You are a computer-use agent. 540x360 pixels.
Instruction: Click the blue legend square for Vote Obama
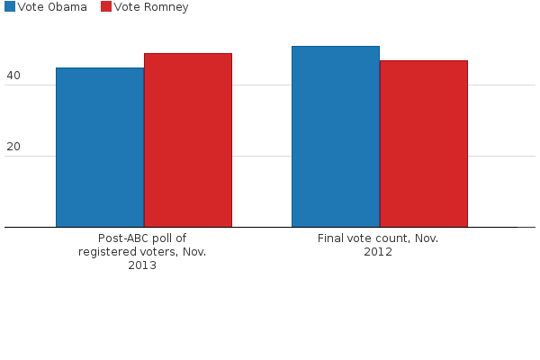[x=9, y=7]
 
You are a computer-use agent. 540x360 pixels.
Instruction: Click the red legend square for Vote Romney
[x=105, y=7]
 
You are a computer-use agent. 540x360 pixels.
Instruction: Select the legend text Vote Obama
[x=52, y=7]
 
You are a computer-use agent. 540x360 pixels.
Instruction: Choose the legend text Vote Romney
[x=151, y=7]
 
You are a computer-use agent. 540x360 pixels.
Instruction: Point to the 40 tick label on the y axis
[x=13, y=76]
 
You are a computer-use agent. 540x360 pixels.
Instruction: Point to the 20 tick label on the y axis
[x=13, y=147]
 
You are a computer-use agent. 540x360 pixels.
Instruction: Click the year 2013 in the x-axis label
[x=142, y=265]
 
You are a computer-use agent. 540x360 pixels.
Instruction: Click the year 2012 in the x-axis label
[x=378, y=252]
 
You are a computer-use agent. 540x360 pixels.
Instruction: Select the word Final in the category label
[x=332, y=238]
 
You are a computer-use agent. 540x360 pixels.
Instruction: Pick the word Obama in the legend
[x=68, y=7]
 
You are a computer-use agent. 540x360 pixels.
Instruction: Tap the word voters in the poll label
[x=156, y=252]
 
